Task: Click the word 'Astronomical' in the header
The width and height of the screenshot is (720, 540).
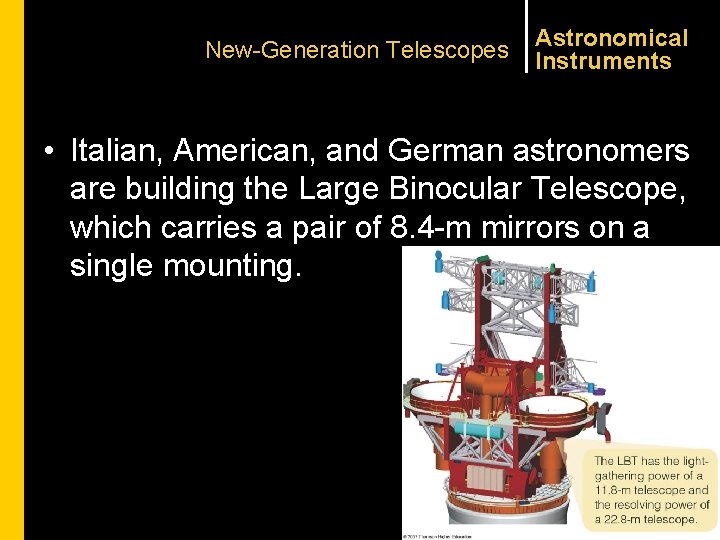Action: click(x=612, y=38)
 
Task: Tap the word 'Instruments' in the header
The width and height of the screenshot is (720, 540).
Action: click(x=603, y=61)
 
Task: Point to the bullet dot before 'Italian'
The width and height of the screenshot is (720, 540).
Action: click(x=47, y=152)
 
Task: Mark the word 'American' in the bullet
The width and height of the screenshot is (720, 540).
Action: click(x=242, y=150)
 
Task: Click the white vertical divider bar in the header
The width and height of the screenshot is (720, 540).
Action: click(x=525, y=36)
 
